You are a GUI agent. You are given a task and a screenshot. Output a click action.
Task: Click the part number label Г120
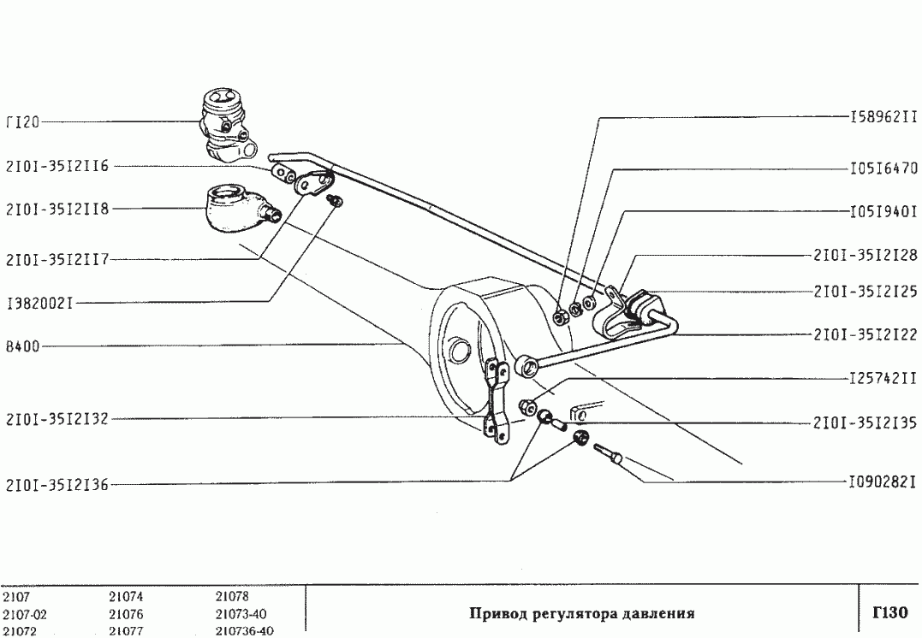(x=23, y=122)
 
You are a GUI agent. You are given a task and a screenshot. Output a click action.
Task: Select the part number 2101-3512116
(x=57, y=167)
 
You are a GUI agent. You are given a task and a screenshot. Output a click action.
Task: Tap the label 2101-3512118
(x=57, y=208)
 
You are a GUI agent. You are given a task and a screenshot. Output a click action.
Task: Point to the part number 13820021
(x=44, y=302)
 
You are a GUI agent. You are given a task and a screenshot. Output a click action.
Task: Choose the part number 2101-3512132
(x=57, y=420)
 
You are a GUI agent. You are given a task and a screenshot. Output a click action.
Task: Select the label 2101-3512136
(x=57, y=485)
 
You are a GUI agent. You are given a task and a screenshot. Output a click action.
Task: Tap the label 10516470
(x=883, y=168)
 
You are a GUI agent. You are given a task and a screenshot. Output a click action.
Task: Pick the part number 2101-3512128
(x=865, y=255)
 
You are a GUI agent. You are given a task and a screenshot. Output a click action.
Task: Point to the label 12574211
(x=883, y=377)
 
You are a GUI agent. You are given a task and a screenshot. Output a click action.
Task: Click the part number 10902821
(x=883, y=482)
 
